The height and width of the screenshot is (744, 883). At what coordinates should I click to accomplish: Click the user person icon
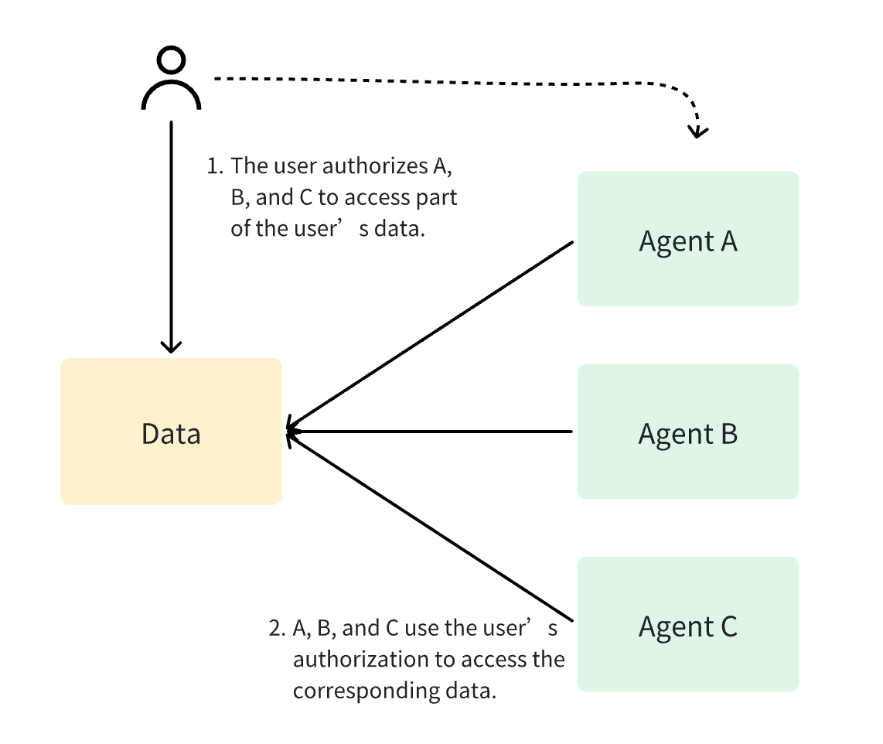click(x=171, y=79)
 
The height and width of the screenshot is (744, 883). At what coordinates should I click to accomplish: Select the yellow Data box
click(x=171, y=432)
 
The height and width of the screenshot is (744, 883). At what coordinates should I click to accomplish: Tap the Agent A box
click(x=687, y=238)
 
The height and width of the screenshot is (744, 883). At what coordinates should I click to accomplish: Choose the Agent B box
click(x=687, y=432)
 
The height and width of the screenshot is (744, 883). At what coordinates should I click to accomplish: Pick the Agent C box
click(x=687, y=624)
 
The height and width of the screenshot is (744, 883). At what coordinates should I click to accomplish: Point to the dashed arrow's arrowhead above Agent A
click(x=698, y=130)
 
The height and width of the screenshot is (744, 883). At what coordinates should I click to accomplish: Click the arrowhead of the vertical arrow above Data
click(x=171, y=346)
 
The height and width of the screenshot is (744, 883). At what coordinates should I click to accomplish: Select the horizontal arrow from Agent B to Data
click(x=433, y=432)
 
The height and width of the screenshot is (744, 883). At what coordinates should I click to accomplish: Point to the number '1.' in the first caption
click(x=215, y=166)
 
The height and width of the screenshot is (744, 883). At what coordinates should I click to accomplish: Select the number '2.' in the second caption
click(x=278, y=628)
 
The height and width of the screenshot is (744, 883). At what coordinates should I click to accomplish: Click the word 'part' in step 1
click(x=438, y=198)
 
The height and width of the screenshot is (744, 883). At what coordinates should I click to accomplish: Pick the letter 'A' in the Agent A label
click(x=728, y=241)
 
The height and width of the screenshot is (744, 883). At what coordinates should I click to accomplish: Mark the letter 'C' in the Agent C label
click(x=728, y=626)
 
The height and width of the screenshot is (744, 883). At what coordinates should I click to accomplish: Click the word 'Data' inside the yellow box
click(x=171, y=434)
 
